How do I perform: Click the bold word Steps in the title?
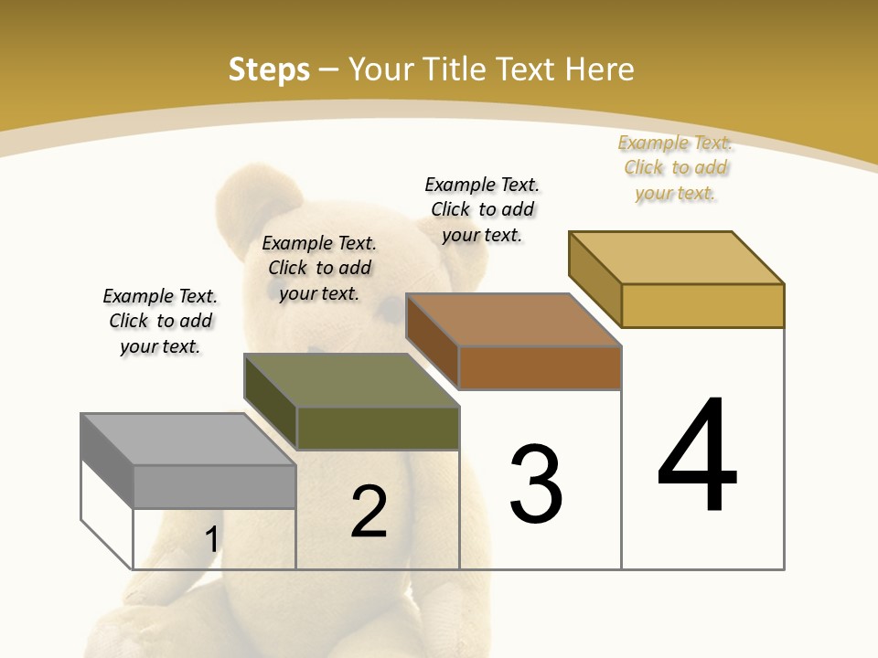coord(269,69)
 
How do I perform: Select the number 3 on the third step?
coord(536,483)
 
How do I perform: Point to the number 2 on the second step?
coord(369,512)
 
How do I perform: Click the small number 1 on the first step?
coord(212,539)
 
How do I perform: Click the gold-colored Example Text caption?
coord(676,167)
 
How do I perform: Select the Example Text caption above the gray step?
coord(160,321)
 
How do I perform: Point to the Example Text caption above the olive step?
coord(319,268)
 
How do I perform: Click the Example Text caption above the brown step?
coord(482,209)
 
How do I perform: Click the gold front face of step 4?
coord(702,305)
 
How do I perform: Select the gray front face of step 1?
coord(214,486)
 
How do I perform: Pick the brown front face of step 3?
coord(540,367)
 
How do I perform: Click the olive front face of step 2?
coord(378,428)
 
